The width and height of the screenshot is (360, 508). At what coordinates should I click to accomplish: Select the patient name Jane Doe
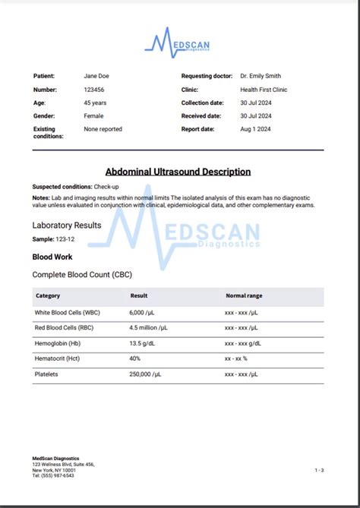click(95, 76)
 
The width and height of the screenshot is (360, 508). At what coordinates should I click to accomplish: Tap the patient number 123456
click(95, 90)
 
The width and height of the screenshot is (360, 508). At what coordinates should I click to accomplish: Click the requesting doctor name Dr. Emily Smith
click(260, 76)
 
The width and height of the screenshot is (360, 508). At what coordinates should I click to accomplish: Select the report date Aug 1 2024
click(254, 129)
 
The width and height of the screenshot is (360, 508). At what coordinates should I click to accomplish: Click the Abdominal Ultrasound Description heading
click(178, 172)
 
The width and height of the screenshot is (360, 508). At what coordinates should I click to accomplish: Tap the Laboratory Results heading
click(67, 226)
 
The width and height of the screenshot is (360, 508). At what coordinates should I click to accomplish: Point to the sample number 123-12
click(65, 238)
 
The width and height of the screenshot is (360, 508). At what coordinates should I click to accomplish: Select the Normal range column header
click(244, 296)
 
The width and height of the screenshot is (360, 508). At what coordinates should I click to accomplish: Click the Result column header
click(139, 296)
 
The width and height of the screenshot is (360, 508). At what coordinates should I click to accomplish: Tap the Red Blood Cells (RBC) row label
click(66, 328)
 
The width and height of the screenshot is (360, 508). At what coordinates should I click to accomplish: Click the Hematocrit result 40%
click(135, 358)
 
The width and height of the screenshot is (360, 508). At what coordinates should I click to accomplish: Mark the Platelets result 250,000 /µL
click(148, 374)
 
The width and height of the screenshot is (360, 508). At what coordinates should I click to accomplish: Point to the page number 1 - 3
click(319, 470)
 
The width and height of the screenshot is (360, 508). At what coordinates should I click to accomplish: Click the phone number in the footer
click(53, 476)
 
